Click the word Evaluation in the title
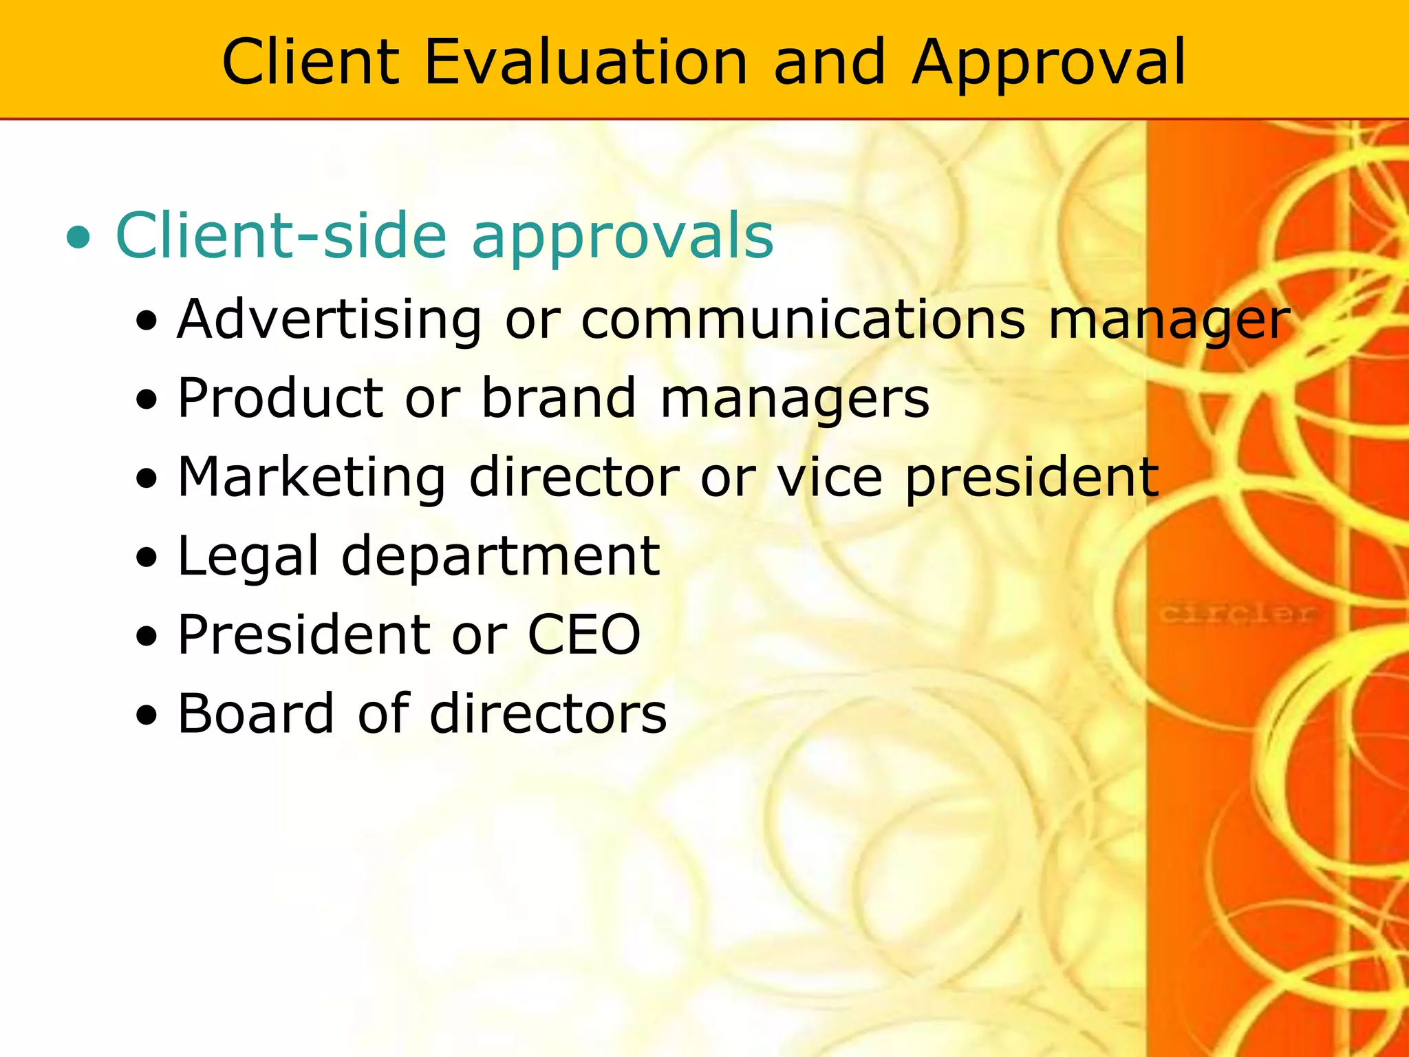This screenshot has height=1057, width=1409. (x=585, y=63)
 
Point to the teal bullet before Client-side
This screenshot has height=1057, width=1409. (x=78, y=238)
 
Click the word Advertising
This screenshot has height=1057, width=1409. (x=330, y=321)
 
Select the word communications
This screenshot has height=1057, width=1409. (x=803, y=319)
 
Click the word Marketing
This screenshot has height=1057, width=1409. (x=312, y=478)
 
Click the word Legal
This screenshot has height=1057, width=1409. (x=248, y=557)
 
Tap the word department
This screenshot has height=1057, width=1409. (x=501, y=557)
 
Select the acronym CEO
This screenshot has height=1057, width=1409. (x=584, y=634)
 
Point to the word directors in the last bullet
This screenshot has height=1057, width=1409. (x=548, y=714)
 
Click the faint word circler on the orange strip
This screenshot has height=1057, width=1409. (x=1237, y=612)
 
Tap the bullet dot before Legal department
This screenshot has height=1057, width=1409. (x=147, y=558)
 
